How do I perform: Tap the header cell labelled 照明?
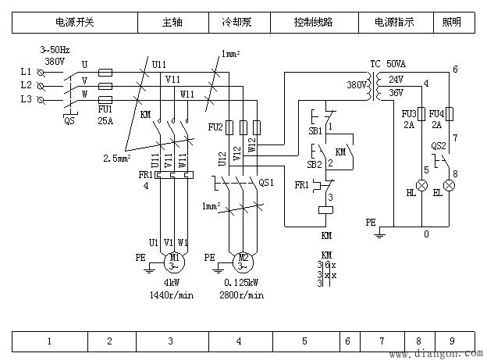pyautogui.click(x=453, y=23)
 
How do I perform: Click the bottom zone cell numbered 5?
pyautogui.click(x=304, y=341)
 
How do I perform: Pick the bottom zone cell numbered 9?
pyautogui.click(x=452, y=341)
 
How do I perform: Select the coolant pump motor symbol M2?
pyautogui.click(x=243, y=259)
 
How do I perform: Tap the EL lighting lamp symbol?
pyautogui.click(x=449, y=187)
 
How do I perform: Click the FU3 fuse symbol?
pyautogui.click(x=421, y=115)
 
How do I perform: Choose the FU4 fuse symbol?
pyautogui.click(x=449, y=115)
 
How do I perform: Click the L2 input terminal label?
pyautogui.click(x=27, y=84)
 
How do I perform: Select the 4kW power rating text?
pyautogui.click(x=172, y=284)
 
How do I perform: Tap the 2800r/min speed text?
pyautogui.click(x=241, y=295)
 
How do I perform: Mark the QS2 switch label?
pyautogui.click(x=439, y=146)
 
